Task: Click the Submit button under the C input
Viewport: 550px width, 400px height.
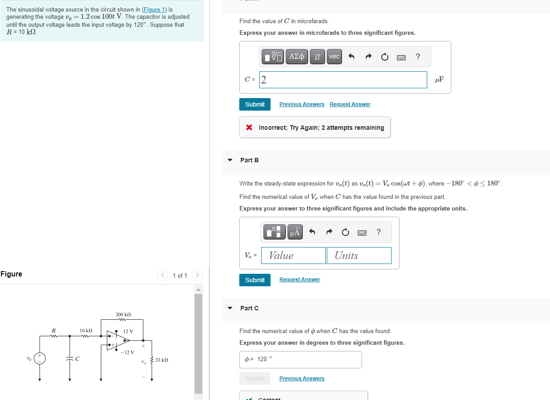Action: [254, 104]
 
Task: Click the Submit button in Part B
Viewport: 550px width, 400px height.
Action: [254, 280]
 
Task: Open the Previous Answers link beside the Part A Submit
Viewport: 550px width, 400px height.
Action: [302, 104]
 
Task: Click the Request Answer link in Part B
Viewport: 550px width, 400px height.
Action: [300, 280]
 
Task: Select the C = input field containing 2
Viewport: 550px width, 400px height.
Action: [343, 80]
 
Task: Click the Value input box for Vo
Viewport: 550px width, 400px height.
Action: [293, 256]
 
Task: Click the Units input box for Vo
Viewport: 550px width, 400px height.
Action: [358, 256]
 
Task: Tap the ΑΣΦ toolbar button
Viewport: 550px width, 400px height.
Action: [296, 57]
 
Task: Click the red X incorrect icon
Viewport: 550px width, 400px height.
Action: [250, 128]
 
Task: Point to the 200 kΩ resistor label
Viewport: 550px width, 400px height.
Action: [123, 315]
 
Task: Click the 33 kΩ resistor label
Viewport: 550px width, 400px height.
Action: [162, 359]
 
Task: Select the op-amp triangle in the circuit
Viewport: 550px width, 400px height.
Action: [117, 341]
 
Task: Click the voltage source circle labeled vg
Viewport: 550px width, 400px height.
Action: [40, 359]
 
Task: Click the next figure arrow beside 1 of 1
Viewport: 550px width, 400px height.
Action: [197, 276]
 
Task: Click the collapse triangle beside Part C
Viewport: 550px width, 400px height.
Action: [230, 308]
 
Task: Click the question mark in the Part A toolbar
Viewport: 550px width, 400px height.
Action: [418, 57]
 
